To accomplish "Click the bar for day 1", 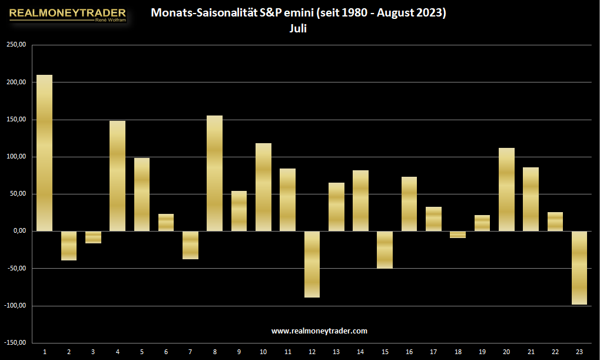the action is click(44, 153).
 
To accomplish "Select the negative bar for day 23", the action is click(579, 267).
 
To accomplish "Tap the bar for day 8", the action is click(215, 173).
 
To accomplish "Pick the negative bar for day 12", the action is click(312, 264).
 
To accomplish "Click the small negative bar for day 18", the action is click(458, 235).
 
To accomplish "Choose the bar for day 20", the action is click(506, 190).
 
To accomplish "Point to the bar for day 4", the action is click(118, 176).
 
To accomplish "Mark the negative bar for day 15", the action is click(385, 250).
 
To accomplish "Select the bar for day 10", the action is click(263, 187).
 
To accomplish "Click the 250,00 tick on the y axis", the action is click(16, 44).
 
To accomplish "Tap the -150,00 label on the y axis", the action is click(15, 342).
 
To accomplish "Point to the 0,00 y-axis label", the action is click(19, 230).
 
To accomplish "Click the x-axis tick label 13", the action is click(336, 352).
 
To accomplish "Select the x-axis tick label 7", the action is click(190, 352).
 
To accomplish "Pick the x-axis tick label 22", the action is click(555, 352).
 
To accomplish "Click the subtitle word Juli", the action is click(298, 28).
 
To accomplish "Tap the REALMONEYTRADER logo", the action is click(67, 15).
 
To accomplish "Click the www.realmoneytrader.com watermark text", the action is click(319, 331).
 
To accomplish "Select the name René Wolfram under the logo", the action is click(111, 20).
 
